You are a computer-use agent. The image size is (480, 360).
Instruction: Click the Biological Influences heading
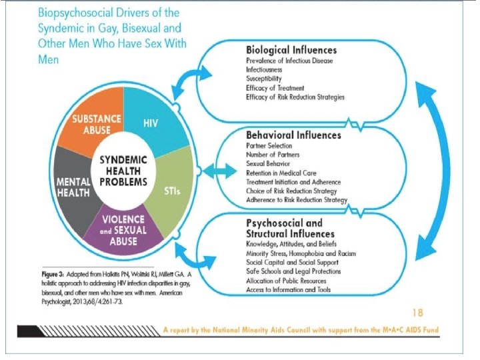291,50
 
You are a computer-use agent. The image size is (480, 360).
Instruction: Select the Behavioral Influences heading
293,135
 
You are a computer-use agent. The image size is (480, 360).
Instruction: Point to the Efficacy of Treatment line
275,88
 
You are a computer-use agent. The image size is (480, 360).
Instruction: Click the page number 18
417,311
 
